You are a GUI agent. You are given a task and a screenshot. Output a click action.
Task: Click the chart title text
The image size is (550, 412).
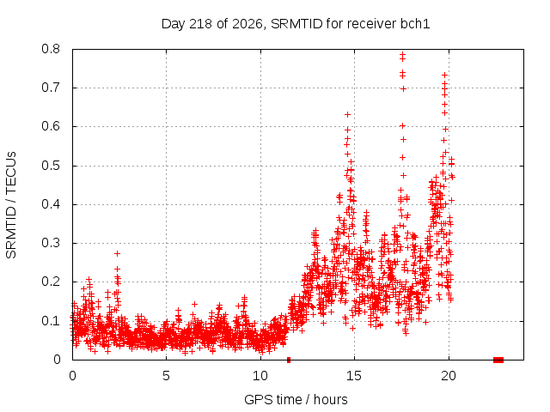296,24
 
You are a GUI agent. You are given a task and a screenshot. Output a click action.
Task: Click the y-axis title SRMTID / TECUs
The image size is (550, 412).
11,205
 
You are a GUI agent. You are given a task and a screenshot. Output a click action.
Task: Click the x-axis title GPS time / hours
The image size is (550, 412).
296,399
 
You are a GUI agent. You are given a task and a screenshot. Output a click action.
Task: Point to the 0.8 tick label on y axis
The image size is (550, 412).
51,49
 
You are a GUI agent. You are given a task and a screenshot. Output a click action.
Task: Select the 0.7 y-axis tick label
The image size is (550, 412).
51,88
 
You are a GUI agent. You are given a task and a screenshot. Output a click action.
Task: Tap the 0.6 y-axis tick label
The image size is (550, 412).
51,126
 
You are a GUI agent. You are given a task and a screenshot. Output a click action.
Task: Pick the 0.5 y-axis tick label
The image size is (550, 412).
51,166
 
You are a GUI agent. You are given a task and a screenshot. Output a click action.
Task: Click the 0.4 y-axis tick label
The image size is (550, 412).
51,204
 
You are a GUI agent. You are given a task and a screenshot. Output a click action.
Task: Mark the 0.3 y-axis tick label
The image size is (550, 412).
51,243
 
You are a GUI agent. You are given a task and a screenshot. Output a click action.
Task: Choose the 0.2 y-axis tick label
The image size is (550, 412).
51,282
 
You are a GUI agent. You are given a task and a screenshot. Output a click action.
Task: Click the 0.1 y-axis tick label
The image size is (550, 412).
51,321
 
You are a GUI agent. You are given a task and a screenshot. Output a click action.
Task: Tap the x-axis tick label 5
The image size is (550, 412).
166,376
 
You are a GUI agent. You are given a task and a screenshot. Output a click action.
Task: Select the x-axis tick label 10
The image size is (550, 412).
260,376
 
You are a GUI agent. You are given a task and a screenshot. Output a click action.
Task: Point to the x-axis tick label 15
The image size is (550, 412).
354,376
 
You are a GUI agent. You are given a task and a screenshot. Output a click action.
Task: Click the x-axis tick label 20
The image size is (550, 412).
449,376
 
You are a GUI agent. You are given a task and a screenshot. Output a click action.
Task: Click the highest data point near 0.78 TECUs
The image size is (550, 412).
403,54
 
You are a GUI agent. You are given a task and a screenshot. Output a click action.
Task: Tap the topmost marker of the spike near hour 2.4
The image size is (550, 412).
117,253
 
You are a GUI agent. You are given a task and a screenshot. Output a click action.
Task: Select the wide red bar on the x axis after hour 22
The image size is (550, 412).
498,360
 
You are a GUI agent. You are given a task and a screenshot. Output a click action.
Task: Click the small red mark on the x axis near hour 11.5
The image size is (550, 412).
289,360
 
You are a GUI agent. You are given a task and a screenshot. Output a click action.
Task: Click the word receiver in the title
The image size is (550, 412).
370,24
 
